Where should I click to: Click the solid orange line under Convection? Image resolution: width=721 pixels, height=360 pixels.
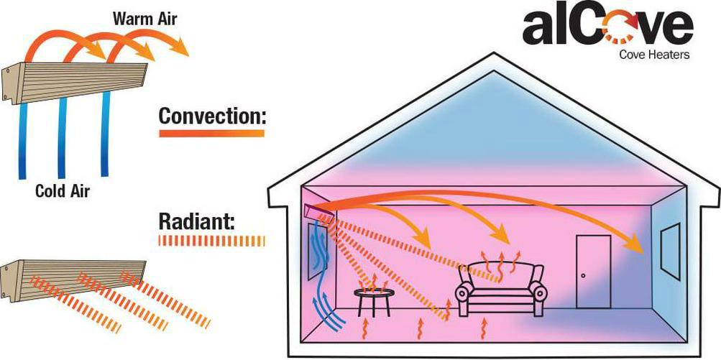point(211,132)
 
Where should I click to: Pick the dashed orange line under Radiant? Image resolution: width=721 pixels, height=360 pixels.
point(211,241)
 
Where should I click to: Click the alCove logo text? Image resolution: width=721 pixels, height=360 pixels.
point(607,29)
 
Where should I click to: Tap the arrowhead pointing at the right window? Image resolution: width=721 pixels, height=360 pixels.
point(636,246)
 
